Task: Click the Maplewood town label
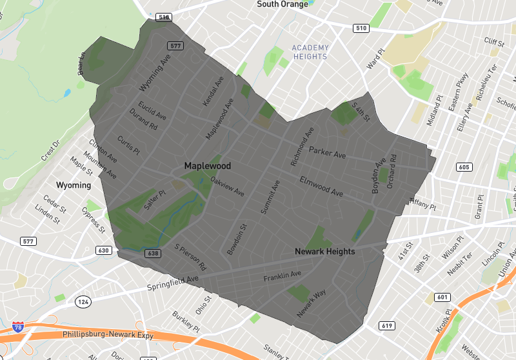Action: point(207,166)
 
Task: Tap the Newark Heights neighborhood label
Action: point(324,251)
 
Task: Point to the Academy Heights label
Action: point(310,52)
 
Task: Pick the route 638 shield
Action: point(153,254)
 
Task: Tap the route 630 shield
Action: point(104,250)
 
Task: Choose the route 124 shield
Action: point(83,301)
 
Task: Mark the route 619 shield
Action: point(386,326)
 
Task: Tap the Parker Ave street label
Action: point(327,153)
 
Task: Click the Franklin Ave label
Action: point(282,277)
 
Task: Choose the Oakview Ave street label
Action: point(228,187)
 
